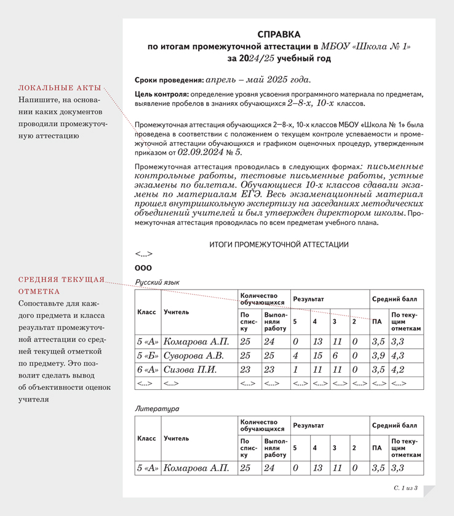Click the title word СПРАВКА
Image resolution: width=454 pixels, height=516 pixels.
pos(279,34)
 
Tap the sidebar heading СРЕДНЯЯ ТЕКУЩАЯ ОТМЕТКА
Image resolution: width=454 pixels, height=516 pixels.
pos(62,285)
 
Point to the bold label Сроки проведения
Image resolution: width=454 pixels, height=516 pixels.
pos(169,80)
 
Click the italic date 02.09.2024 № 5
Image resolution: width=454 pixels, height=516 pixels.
pos(210,151)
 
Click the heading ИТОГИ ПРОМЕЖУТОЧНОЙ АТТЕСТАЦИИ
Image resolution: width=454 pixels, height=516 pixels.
pos(279,244)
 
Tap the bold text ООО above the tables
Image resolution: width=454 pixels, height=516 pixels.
pos(143,268)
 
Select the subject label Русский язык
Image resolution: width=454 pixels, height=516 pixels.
pos(157,282)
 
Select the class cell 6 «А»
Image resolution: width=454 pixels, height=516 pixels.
pos(148,370)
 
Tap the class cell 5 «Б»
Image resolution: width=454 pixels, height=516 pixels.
pos(148,355)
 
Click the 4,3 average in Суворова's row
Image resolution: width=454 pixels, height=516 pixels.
pos(398,355)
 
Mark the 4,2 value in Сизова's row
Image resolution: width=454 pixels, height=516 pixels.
pos(398,370)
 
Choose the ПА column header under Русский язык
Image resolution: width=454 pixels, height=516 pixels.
pos(377,322)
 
